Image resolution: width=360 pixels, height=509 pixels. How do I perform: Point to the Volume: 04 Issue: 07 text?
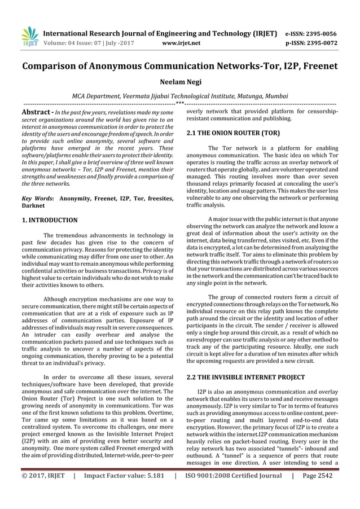click(x=78, y=42)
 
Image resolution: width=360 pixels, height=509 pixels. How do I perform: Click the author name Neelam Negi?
click(x=180, y=82)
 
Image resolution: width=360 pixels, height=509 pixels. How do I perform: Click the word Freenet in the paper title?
click(x=315, y=67)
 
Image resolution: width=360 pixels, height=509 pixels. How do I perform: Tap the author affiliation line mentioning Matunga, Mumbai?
click(x=180, y=96)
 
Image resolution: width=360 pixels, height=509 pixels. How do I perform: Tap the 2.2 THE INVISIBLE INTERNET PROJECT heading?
click(x=245, y=377)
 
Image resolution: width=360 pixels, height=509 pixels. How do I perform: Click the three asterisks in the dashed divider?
click(x=179, y=104)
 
